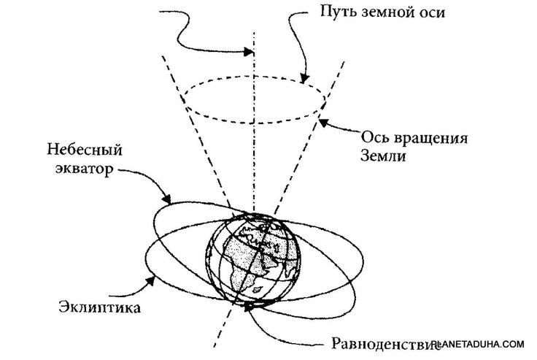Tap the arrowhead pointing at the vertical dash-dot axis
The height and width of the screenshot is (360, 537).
tap(250, 52)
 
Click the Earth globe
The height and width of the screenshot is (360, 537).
tap(252, 256)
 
